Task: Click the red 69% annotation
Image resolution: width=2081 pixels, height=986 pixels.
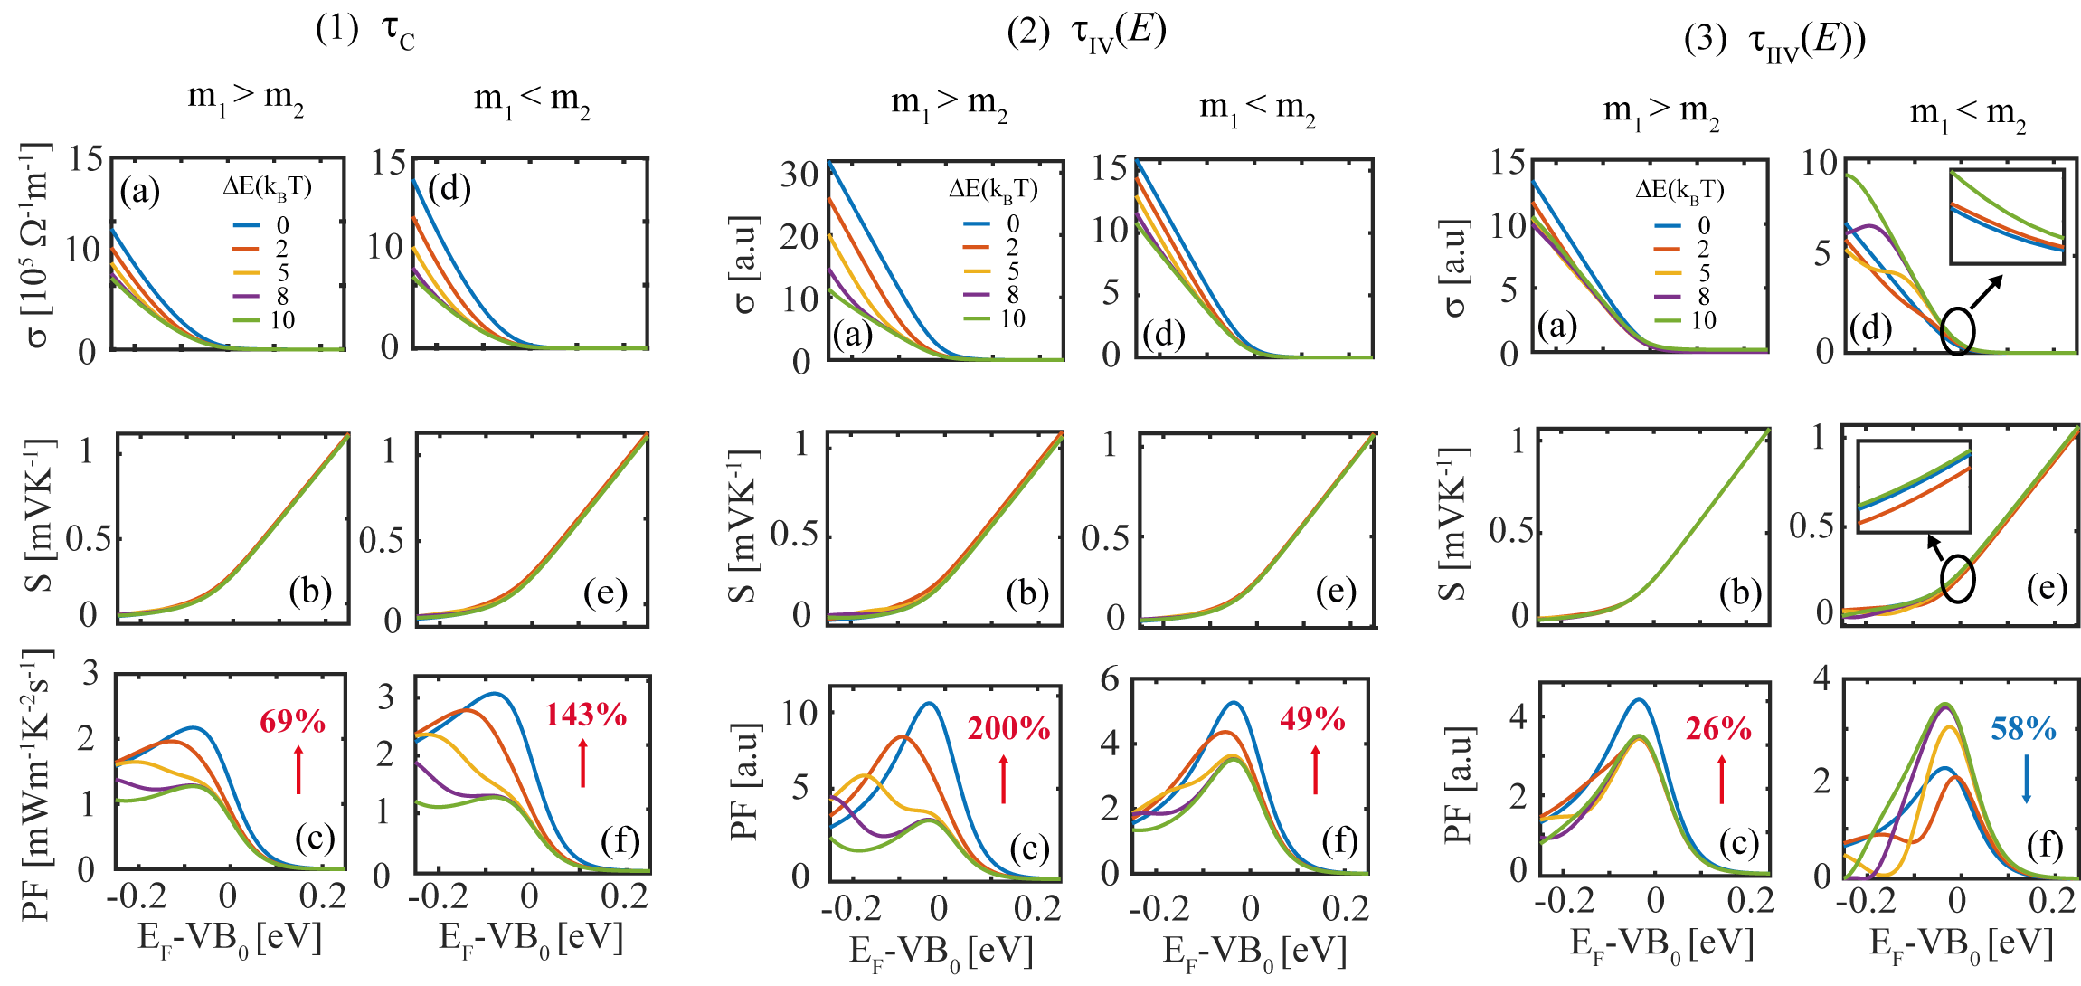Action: [292, 722]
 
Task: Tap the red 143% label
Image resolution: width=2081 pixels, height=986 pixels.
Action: [586, 716]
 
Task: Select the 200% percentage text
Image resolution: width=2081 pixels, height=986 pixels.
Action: [1008, 729]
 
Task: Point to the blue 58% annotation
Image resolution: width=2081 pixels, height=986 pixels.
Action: [2023, 729]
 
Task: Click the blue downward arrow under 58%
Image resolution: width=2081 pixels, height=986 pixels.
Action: [2026, 780]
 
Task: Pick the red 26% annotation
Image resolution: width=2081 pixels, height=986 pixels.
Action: [1718, 729]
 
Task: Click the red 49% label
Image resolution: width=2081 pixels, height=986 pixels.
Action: [1312, 720]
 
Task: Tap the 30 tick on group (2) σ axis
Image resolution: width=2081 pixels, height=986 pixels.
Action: [799, 174]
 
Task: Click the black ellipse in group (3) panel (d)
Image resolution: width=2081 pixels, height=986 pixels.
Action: [1957, 331]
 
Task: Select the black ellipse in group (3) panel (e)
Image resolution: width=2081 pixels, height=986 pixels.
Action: [1958, 579]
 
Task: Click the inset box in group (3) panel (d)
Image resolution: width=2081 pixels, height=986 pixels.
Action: [2007, 217]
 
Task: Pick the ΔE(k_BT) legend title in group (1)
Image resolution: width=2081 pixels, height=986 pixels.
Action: [268, 187]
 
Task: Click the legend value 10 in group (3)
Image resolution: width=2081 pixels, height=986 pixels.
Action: [1704, 320]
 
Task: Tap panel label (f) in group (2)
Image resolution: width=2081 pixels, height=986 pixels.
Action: [1338, 842]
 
